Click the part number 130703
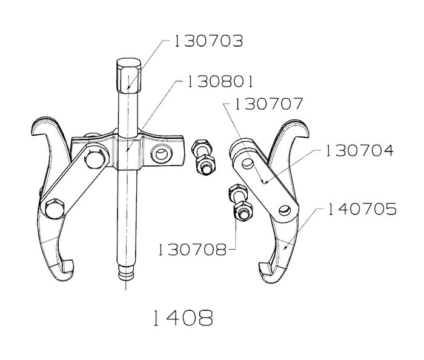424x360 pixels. coord(208,41)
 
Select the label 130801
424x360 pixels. coord(220,81)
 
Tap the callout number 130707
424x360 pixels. coord(268,104)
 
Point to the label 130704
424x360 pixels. coord(359,150)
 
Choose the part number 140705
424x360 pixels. coord(362,209)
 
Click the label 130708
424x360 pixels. coord(192,250)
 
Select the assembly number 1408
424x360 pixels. coord(183,318)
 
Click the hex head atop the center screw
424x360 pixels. coord(128,76)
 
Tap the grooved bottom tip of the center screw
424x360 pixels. coord(126,273)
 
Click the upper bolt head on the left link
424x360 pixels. coord(95,159)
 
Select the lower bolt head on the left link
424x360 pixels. coord(55,208)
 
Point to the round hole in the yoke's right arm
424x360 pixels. coord(162,155)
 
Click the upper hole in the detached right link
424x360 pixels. coord(247,164)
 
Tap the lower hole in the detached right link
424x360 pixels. coord(285,210)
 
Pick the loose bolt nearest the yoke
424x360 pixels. coord(204,157)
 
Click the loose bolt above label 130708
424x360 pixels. coord(240,202)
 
